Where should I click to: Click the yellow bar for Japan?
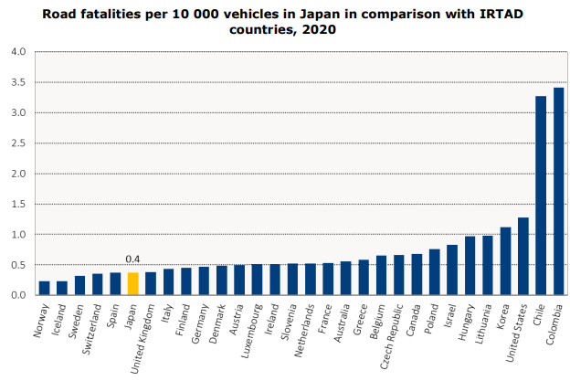click(132, 284)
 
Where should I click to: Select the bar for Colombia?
click(559, 192)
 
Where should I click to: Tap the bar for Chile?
click(541, 196)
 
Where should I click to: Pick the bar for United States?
click(523, 257)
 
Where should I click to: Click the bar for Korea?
click(505, 261)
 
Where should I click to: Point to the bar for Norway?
click(44, 288)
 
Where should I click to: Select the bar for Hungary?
click(470, 266)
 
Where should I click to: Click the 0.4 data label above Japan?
click(132, 259)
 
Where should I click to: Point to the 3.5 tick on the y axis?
click(18, 82)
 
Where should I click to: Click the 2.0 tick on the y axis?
click(18, 174)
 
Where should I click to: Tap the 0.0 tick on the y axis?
click(18, 295)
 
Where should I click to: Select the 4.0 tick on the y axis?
click(18, 51)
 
